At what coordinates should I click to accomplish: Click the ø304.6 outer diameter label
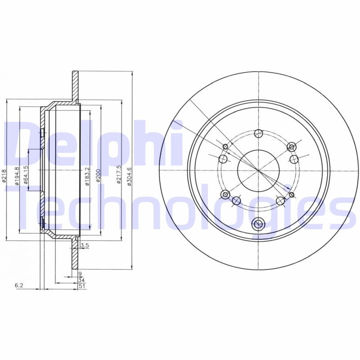pyautogui.click(x=129, y=175)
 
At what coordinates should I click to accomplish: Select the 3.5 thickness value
pyautogui.click(x=84, y=246)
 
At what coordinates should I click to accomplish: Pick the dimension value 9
pyautogui.click(x=79, y=274)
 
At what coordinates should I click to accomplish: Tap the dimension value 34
pyautogui.click(x=80, y=279)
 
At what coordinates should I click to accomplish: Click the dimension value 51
pyautogui.click(x=80, y=285)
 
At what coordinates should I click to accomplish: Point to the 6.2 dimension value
pyautogui.click(x=18, y=285)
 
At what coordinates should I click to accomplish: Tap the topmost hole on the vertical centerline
pyautogui.click(x=258, y=133)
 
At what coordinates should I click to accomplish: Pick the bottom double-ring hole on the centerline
pyautogui.click(x=258, y=224)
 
